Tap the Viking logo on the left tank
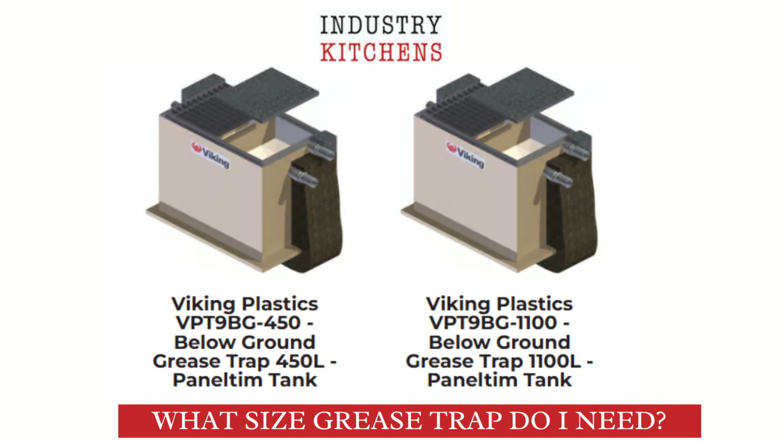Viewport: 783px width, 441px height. click(x=210, y=154)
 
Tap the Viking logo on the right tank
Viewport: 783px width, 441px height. click(x=465, y=154)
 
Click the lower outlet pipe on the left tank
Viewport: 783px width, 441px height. click(x=305, y=179)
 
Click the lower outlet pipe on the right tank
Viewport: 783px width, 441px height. click(x=560, y=179)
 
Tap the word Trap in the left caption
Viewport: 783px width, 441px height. click(x=241, y=361)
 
